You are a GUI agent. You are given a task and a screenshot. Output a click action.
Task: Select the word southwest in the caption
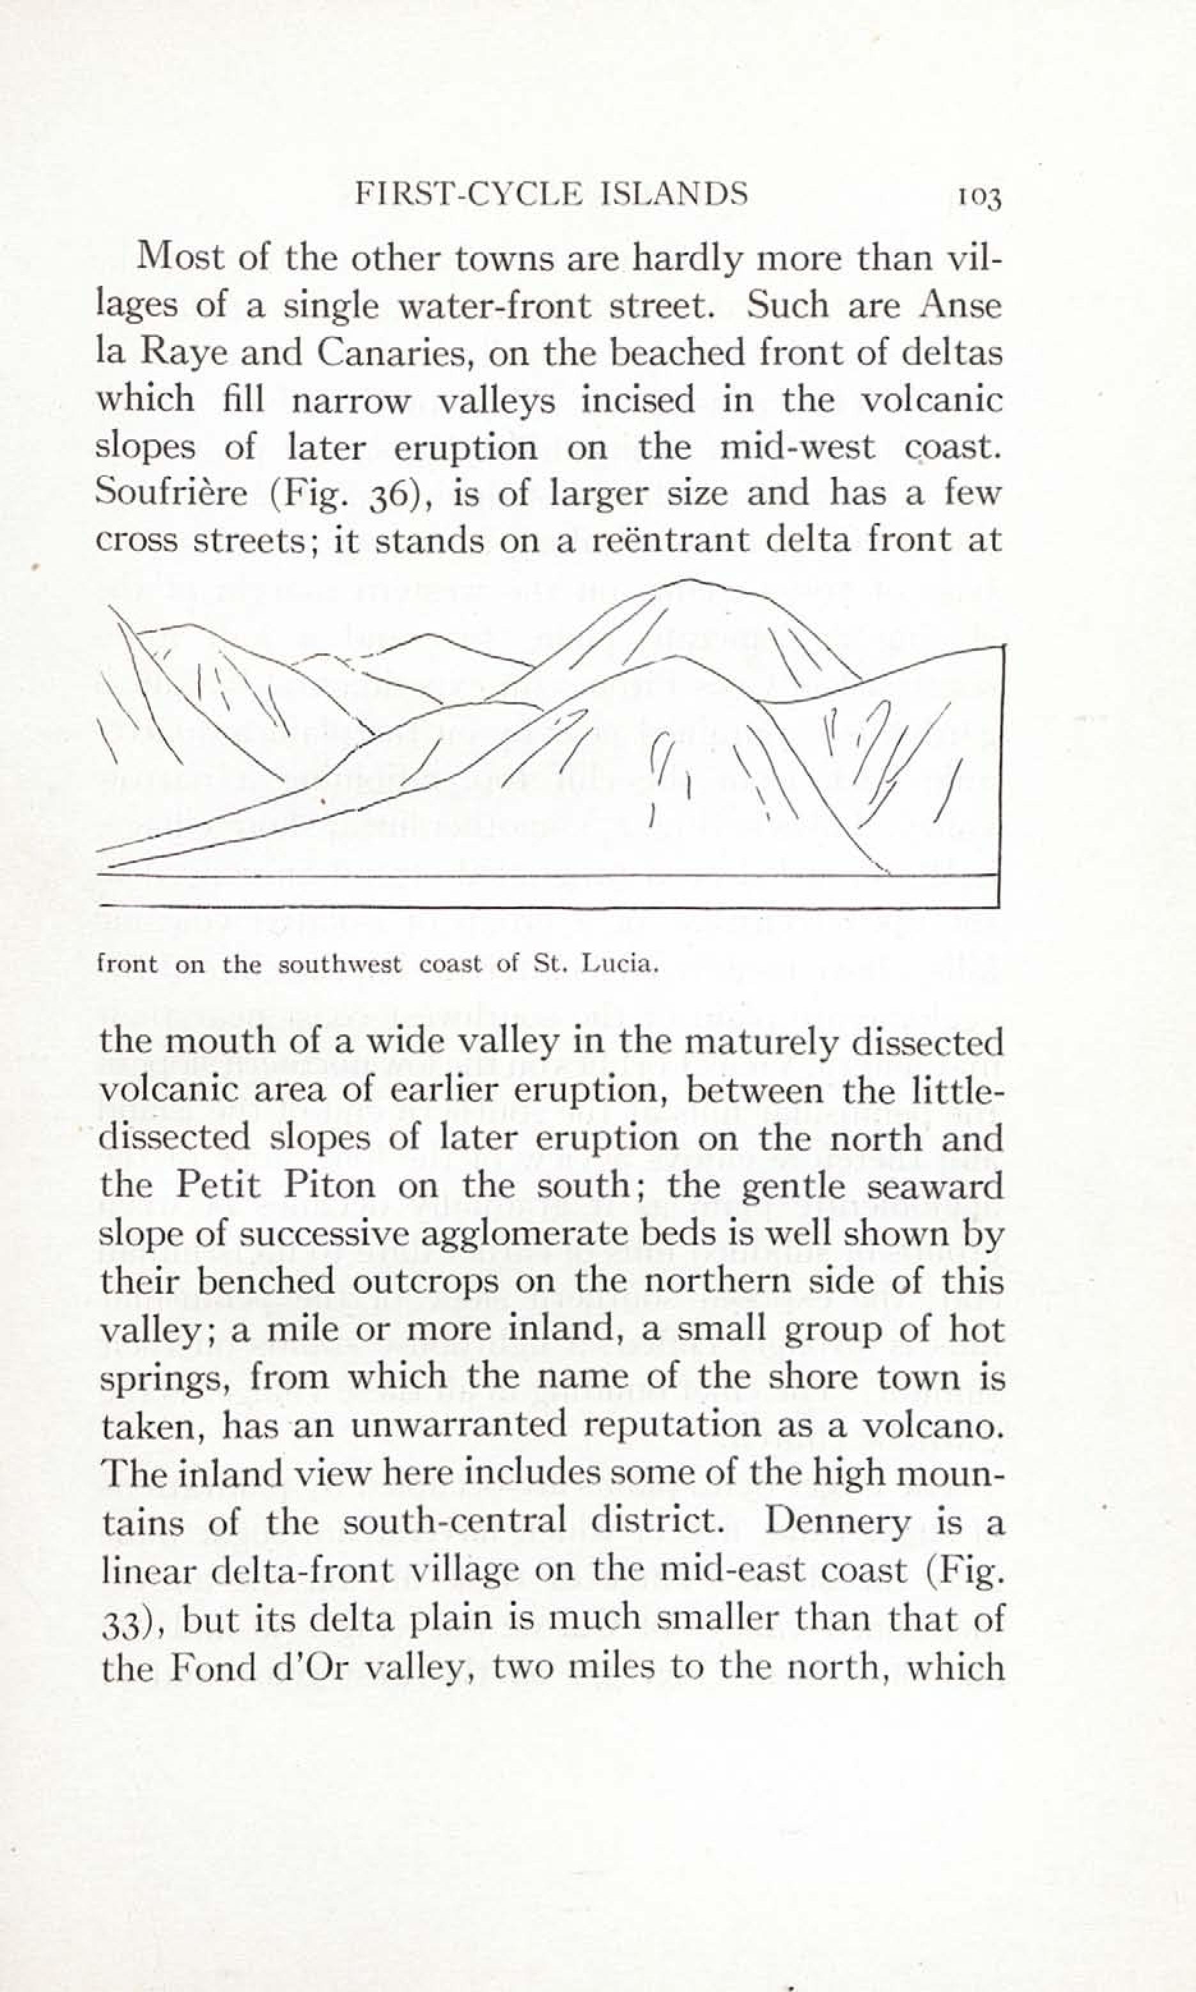pos(339,965)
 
